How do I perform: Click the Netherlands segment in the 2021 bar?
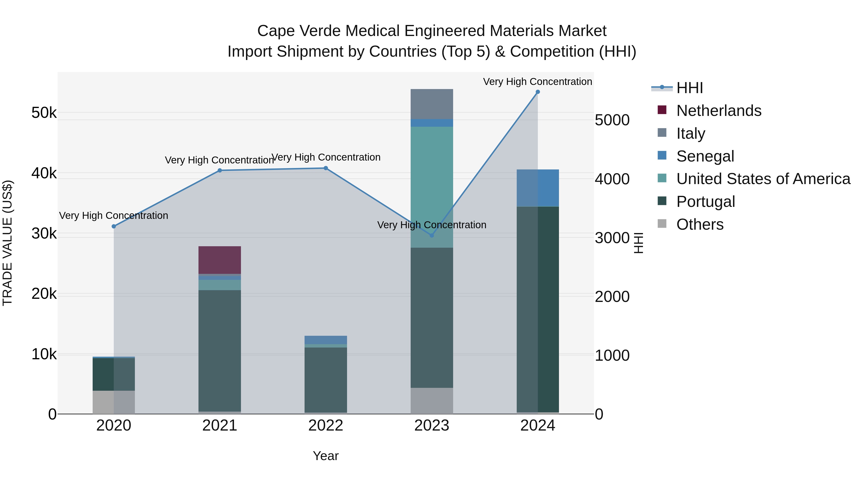pyautogui.click(x=219, y=260)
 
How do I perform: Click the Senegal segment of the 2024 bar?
pyautogui.click(x=537, y=188)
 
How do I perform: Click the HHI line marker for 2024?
pyautogui.click(x=537, y=92)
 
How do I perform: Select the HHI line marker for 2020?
pyautogui.click(x=114, y=226)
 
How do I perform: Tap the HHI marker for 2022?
pyautogui.click(x=325, y=168)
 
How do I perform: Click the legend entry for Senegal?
pyautogui.click(x=705, y=156)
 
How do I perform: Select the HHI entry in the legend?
pyautogui.click(x=689, y=88)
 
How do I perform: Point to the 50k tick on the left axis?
pyautogui.click(x=44, y=113)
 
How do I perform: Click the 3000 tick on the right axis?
pyautogui.click(x=612, y=238)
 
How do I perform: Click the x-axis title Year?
pyautogui.click(x=325, y=456)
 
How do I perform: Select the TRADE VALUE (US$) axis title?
pyautogui.click(x=7, y=243)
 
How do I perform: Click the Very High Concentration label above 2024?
pyautogui.click(x=537, y=82)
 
